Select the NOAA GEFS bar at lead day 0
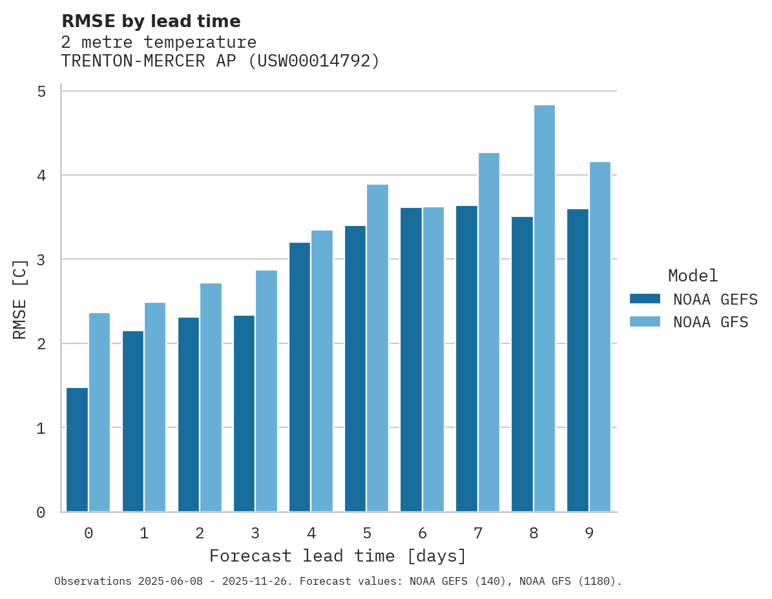click(x=77, y=450)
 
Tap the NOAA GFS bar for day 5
click(x=378, y=349)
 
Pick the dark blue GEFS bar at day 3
click(x=244, y=414)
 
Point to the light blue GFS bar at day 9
click(x=600, y=337)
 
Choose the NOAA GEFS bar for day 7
click(x=466, y=359)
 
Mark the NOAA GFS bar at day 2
click(x=211, y=398)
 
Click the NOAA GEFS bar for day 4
click(x=300, y=377)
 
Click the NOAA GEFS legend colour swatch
click(x=645, y=299)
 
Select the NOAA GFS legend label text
click(x=711, y=322)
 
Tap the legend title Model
click(x=693, y=276)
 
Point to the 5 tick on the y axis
click(x=41, y=92)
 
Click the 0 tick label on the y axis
click(x=41, y=513)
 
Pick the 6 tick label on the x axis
click(x=423, y=533)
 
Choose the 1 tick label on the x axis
click(x=144, y=533)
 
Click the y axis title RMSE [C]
click(x=21, y=299)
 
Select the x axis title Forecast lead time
click(x=337, y=556)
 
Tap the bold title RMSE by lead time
click(x=151, y=21)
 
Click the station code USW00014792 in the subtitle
click(x=315, y=61)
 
